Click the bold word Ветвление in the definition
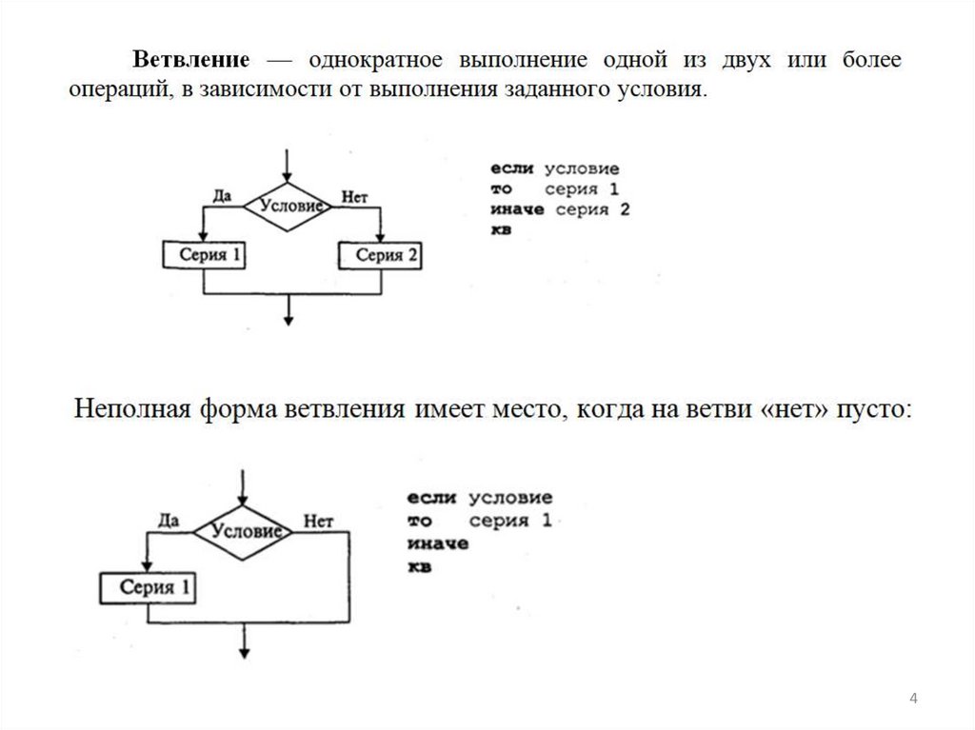(x=190, y=61)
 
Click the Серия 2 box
(x=381, y=256)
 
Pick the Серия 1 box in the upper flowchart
(x=204, y=255)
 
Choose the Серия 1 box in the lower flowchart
(x=147, y=587)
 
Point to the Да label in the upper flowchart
(x=222, y=196)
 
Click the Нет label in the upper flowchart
(x=353, y=197)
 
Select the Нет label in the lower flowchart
(x=317, y=521)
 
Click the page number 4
(x=913, y=700)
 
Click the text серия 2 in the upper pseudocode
(x=593, y=210)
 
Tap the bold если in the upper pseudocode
(x=514, y=168)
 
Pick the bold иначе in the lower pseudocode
(x=436, y=544)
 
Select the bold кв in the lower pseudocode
(x=419, y=567)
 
